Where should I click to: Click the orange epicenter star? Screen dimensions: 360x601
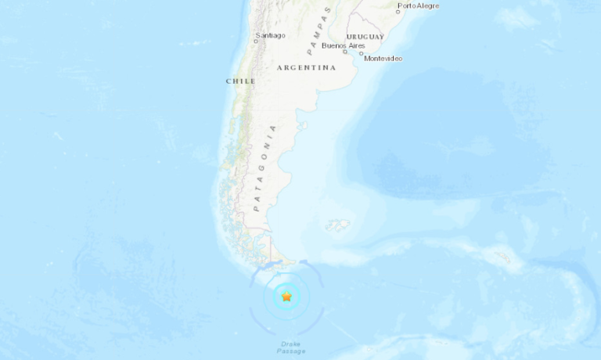pos(287,297)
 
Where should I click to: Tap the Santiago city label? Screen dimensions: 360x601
pos(270,35)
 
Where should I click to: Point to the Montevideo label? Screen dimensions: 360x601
pos(383,59)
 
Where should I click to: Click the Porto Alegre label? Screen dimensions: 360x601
pos(419,5)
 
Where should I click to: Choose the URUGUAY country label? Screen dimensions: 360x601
pos(365,37)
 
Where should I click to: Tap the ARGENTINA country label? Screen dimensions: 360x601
pos(306,68)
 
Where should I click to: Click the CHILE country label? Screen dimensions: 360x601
pos(240,81)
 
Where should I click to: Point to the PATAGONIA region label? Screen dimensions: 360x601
pos(264,168)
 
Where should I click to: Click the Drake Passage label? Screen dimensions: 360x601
pos(290,347)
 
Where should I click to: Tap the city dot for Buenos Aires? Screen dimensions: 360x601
pos(345,52)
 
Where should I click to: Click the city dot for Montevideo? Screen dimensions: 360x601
pos(362,54)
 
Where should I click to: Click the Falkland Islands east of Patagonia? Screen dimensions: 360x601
pos(339,225)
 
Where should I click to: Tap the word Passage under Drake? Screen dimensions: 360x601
pos(290,351)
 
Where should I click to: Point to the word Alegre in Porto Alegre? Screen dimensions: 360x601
pos(428,5)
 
